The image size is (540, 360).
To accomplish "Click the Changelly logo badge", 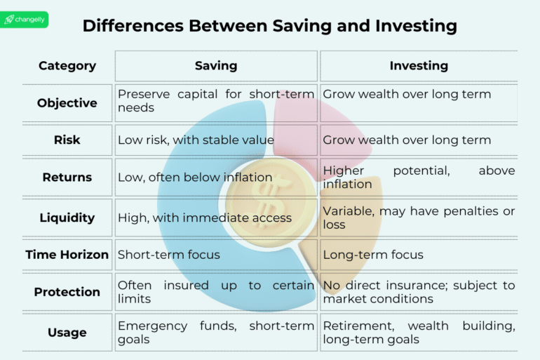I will (x=25, y=20).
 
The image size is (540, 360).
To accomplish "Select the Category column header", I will (x=67, y=66).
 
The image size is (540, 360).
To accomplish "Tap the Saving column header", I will (x=216, y=66).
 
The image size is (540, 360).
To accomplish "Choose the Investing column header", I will (x=419, y=66).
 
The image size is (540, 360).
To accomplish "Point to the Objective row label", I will (x=67, y=103).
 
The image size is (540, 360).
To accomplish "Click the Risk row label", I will (x=67, y=140).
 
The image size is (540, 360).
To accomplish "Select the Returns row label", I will (x=67, y=178).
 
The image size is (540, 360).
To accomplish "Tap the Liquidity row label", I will (x=67, y=218).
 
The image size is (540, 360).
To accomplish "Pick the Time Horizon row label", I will (x=67, y=255).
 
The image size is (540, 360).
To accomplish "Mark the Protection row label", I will (x=67, y=292).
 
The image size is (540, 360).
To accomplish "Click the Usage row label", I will (x=67, y=333).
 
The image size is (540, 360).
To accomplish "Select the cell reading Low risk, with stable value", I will (x=196, y=140).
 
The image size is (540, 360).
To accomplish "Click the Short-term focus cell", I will (x=169, y=255).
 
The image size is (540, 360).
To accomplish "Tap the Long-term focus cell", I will (x=373, y=255).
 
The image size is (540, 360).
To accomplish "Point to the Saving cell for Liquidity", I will (x=205, y=218).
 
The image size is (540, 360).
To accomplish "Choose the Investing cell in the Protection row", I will (x=419, y=292).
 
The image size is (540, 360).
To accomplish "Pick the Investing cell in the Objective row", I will (x=407, y=94).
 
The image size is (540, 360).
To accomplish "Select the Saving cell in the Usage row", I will (x=216, y=333).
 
